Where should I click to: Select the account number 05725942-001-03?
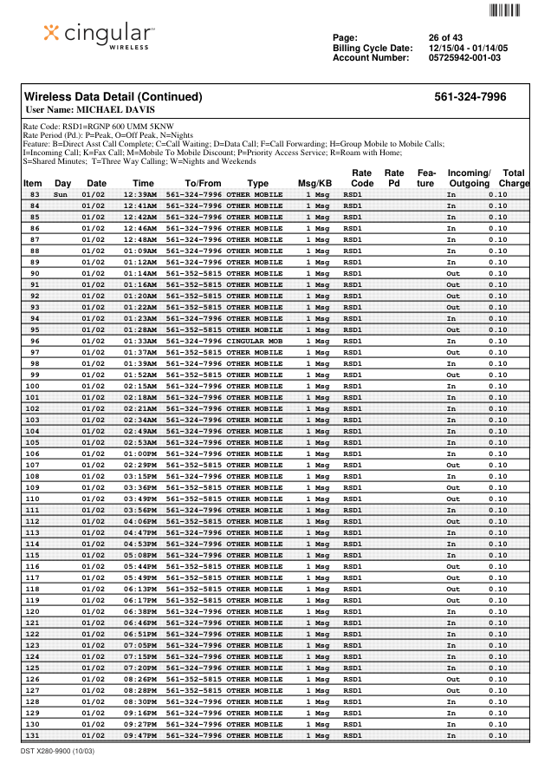[x=464, y=58]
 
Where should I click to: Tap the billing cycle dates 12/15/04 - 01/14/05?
[x=468, y=48]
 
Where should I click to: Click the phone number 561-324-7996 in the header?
[x=470, y=97]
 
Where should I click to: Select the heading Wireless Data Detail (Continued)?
[x=113, y=97]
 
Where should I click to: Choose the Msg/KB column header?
[x=314, y=184]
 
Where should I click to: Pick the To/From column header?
[x=203, y=184]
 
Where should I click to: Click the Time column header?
[x=143, y=184]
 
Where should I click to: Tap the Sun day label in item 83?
[x=61, y=195]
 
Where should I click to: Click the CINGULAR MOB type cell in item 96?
[x=254, y=342]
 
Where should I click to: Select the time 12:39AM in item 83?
[x=139, y=195]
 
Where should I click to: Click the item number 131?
[x=33, y=736]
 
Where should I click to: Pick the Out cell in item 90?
[x=453, y=274]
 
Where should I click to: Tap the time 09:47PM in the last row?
[x=139, y=736]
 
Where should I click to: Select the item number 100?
[x=33, y=387]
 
